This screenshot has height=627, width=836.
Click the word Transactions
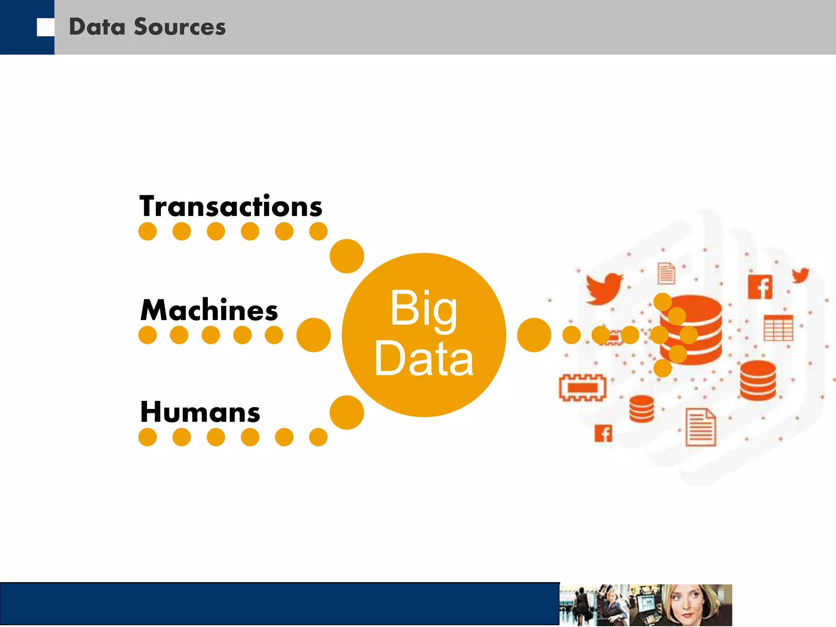pos(231,206)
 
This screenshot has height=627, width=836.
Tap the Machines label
pos(209,310)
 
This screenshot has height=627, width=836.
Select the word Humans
pos(200,412)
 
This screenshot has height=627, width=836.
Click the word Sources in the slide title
pos(180,27)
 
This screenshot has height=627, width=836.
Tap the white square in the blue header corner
pos(45,27)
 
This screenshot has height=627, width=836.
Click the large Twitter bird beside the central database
pos(603,288)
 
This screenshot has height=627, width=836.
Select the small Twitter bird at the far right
pos(800,275)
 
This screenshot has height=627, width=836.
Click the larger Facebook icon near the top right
pos(760,287)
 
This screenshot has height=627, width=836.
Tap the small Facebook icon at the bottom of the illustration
pos(603,434)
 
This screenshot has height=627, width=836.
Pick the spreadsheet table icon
pos(778,328)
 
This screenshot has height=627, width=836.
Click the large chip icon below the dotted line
pos(583,387)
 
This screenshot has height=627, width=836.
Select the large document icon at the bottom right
pos(700,427)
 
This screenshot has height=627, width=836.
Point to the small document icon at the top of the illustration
pos(666,273)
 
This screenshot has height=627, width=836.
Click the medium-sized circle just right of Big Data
pos(534,335)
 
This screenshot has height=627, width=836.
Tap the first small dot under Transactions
pos(147,231)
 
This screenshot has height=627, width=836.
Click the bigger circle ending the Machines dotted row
pos(313,335)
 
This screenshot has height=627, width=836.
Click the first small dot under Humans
pos(147,437)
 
